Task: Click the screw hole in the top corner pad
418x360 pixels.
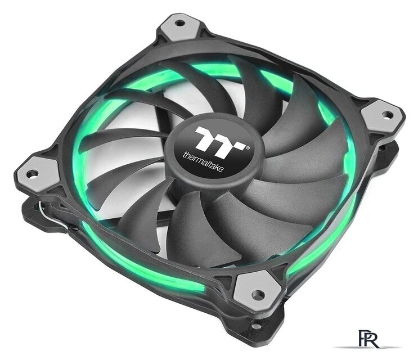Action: [179, 24]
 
